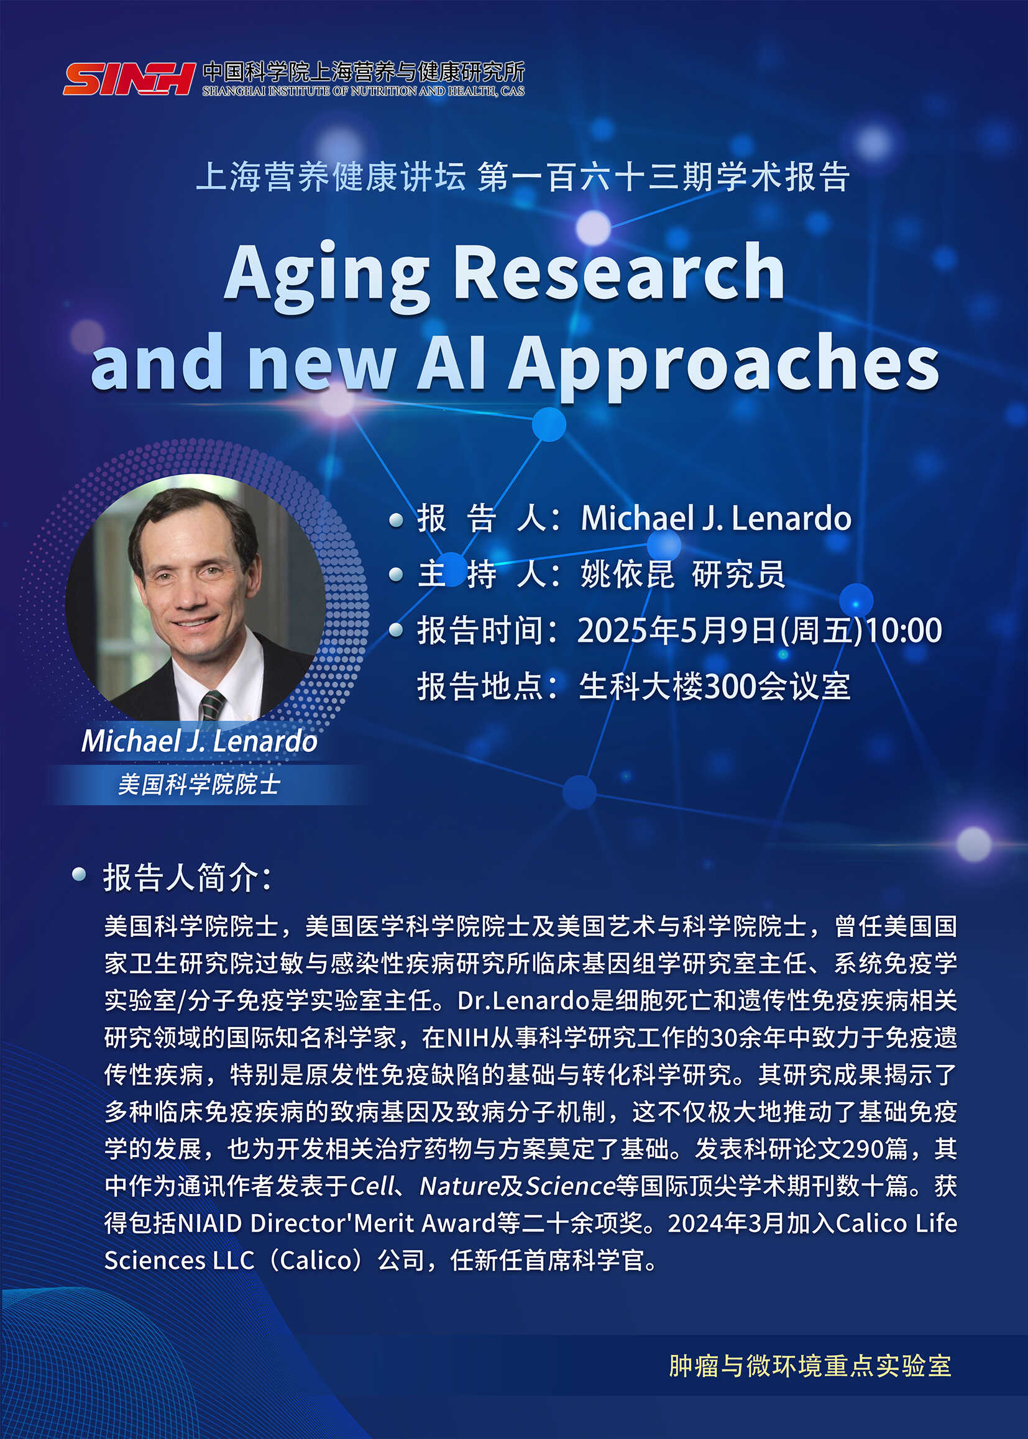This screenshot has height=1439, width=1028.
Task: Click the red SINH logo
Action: coord(129,79)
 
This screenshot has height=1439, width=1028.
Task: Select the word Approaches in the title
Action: coord(723,365)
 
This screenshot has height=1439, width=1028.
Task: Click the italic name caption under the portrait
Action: coord(200,741)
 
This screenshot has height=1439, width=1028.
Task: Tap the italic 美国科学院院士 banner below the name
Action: coord(199,785)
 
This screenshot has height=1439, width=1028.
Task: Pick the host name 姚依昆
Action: coord(626,575)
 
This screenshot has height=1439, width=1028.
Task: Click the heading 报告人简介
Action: coord(188,878)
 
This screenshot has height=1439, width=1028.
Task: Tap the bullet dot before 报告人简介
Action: coord(79,875)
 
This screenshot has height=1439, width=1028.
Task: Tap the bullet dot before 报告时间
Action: coord(397,629)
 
